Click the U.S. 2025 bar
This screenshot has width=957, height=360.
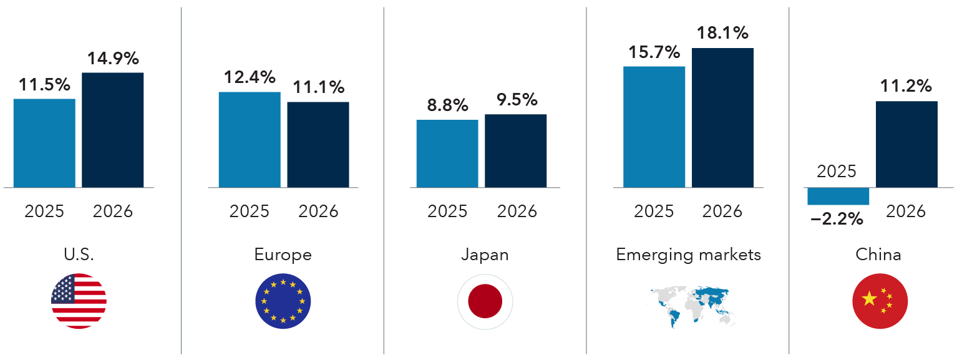point(44,143)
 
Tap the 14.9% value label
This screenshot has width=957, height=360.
point(114,59)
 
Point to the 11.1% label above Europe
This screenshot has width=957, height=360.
point(318,87)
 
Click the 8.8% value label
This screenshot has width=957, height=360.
point(447,105)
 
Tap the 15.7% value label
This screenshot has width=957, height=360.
point(654,53)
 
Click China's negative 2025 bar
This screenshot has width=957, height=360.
point(838,196)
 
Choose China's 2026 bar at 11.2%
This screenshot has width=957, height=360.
point(906,144)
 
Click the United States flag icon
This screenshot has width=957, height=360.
point(79,301)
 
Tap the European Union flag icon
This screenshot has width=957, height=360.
point(283,301)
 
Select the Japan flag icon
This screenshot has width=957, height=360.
point(485,301)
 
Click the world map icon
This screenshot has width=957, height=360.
point(690,306)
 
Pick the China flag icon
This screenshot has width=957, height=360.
point(880,301)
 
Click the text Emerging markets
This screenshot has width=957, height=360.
point(688,255)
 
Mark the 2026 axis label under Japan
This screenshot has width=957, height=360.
point(517,212)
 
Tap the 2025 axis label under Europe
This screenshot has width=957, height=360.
point(250,212)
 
